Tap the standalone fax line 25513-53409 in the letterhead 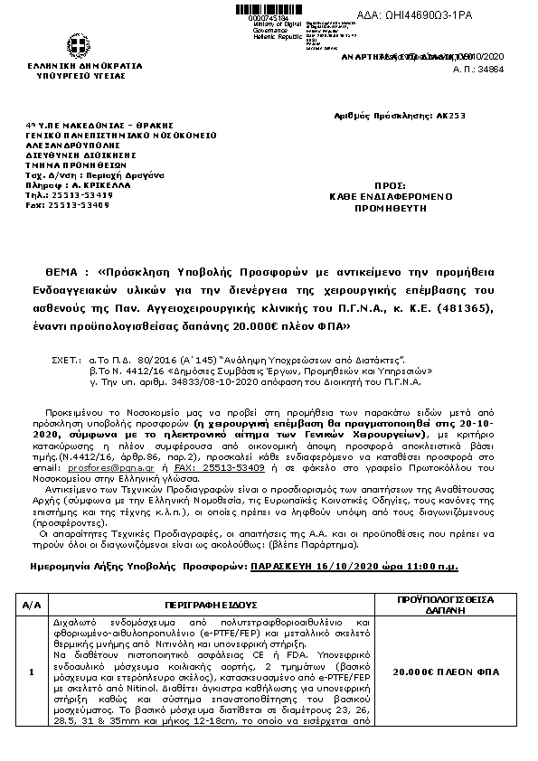point(82,205)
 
